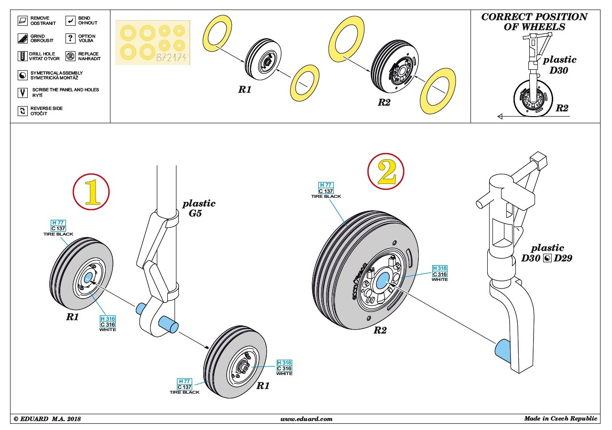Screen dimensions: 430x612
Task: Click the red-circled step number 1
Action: [91, 192]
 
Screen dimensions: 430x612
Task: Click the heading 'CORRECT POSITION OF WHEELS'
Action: [534, 21]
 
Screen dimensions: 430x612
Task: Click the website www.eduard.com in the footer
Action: [306, 419]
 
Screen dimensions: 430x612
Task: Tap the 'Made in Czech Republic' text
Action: [560, 419]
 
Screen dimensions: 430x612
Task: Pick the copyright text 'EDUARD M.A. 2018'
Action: [47, 419]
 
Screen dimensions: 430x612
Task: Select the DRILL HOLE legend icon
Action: [22, 56]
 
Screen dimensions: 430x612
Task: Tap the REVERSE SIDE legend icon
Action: [22, 111]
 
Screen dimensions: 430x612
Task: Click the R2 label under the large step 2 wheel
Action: [380, 330]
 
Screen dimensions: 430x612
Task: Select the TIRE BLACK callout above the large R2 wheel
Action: [326, 191]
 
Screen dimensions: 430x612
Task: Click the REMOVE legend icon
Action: [22, 21]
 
